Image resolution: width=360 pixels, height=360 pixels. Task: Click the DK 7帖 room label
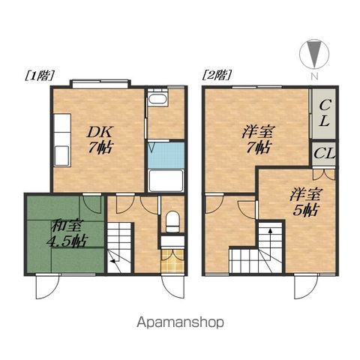coord(100,140)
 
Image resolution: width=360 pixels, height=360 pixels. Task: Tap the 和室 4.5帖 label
coord(67,233)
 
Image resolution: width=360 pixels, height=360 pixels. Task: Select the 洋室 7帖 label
coord(258,140)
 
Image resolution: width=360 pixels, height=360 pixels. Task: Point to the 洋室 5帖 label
coord(306,202)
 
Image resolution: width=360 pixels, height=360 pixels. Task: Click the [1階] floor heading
coord(40,76)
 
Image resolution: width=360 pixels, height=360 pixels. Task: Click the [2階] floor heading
coord(217,75)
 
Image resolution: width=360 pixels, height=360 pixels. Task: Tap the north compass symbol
coord(314,54)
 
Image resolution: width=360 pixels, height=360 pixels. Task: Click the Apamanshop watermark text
coord(180,322)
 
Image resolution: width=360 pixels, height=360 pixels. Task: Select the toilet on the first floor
coord(172,221)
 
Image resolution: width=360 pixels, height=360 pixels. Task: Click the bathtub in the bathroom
coord(166,181)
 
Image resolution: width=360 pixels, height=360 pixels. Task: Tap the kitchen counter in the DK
coord(62,140)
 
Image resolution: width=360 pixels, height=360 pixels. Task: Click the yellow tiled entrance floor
coord(172,261)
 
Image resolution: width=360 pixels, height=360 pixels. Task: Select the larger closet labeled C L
coord(324,113)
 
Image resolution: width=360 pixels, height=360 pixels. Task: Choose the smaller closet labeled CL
coord(324,154)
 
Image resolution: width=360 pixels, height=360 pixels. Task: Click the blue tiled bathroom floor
coord(166,155)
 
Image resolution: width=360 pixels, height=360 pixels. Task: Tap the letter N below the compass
coord(314,76)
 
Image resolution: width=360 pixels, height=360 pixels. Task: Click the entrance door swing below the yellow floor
coord(172,286)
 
